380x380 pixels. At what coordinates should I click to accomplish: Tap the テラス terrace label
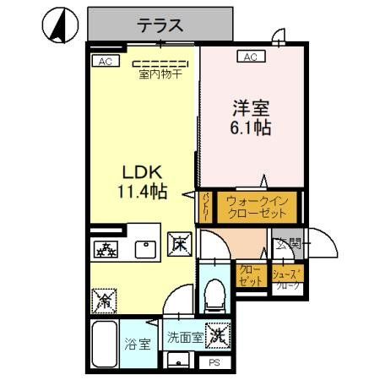(x=160, y=24)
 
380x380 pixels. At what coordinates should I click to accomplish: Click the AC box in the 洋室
(x=250, y=57)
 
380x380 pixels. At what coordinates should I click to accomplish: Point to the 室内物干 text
(x=160, y=72)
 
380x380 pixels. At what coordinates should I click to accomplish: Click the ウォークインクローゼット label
(x=258, y=208)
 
